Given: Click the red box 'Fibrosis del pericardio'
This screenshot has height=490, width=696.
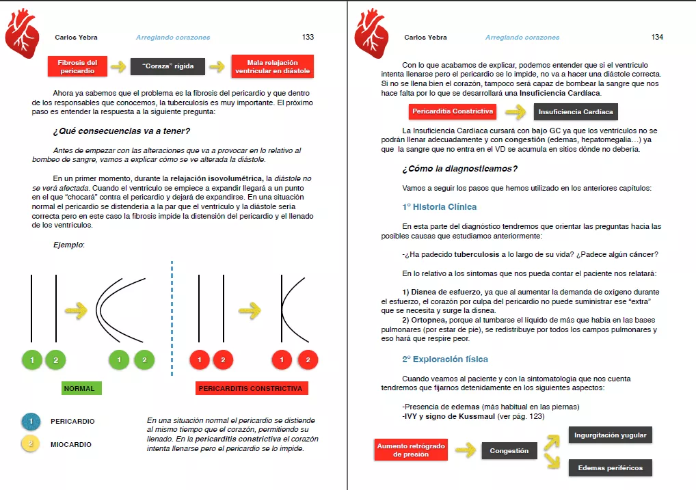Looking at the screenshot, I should pyautogui.click(x=77, y=66).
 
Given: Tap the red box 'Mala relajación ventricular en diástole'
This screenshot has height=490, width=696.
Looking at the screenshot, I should pyautogui.click(x=272, y=66).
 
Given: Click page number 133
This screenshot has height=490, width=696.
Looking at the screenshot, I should pyautogui.click(x=308, y=37).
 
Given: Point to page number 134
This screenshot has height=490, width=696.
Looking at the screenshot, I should pyautogui.click(x=657, y=37).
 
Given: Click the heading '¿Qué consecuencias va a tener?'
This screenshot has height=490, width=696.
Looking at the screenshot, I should pyautogui.click(x=121, y=131).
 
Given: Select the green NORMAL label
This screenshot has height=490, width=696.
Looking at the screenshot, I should pyautogui.click(x=81, y=388).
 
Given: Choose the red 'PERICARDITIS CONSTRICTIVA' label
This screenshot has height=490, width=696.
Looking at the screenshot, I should pyautogui.click(x=250, y=388).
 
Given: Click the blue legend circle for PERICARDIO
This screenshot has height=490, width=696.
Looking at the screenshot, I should pyautogui.click(x=31, y=422).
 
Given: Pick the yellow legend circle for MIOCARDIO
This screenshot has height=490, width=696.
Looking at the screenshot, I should pyautogui.click(x=31, y=444).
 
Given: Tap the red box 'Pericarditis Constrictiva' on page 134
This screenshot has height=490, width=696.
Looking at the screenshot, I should pyautogui.click(x=453, y=111).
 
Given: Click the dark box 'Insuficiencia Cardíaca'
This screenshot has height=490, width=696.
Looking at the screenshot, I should pyautogui.click(x=576, y=111).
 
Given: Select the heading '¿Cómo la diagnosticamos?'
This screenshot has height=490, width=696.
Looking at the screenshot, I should pyautogui.click(x=459, y=169).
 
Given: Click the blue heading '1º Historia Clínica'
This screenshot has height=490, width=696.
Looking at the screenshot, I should pyautogui.click(x=440, y=206).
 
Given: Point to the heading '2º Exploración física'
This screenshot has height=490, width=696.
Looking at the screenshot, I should pyautogui.click(x=445, y=359).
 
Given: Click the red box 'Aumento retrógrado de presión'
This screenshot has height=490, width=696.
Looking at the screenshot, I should pyautogui.click(x=411, y=450).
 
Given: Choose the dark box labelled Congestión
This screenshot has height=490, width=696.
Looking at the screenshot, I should pyautogui.click(x=509, y=450).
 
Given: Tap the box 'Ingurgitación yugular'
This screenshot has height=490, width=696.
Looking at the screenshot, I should pyautogui.click(x=610, y=435).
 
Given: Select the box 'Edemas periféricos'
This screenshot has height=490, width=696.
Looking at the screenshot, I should pyautogui.click(x=610, y=467).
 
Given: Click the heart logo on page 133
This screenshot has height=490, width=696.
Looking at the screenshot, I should pyautogui.click(x=22, y=35).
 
